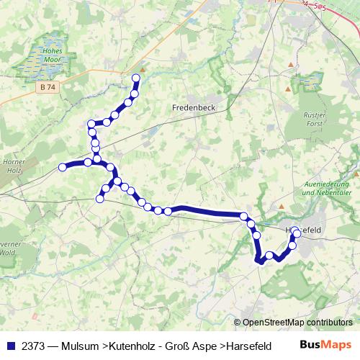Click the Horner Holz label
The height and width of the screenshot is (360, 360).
click(x=13, y=166)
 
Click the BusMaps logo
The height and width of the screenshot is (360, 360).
click(x=326, y=344)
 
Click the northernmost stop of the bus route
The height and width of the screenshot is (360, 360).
click(x=135, y=78)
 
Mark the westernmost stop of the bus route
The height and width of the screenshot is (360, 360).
click(x=63, y=167)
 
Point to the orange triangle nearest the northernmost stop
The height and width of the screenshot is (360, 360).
click(x=143, y=71)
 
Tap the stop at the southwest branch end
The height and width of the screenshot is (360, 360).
click(x=100, y=198)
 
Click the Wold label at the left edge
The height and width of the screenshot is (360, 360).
click(x=7, y=252)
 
